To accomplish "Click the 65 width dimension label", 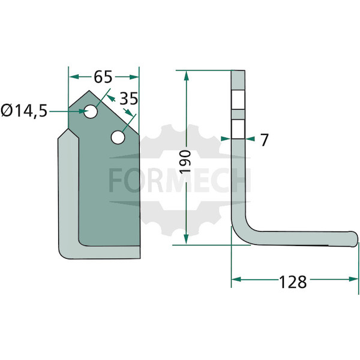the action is [x=103, y=77].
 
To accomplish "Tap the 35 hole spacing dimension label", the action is [x=129, y=99].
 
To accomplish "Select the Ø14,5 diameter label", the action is [x=24, y=110].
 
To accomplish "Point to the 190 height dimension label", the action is [x=186, y=162].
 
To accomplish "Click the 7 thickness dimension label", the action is [x=264, y=140].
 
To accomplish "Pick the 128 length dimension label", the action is [x=293, y=282].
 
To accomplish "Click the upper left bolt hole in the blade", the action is [x=91, y=112].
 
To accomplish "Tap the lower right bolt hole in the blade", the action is [x=118, y=137].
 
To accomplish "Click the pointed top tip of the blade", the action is [x=89, y=91].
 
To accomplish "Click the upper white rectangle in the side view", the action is [x=238, y=100].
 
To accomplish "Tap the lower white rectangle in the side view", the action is [x=238, y=129].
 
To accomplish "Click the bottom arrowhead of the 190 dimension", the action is [x=186, y=239].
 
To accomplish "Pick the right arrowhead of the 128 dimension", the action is [x=353, y=279].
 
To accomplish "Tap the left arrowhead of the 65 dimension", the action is [x=74, y=77].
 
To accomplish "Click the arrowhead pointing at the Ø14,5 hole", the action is [x=84, y=112].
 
